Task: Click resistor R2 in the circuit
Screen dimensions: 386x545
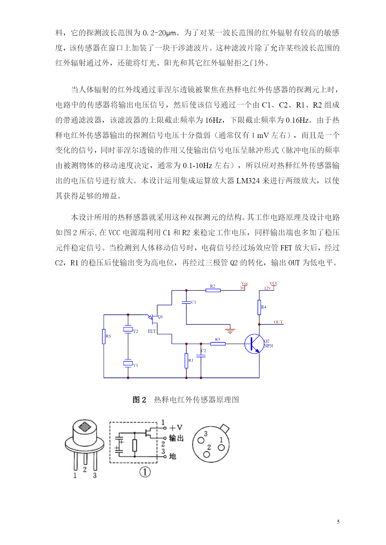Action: pyautogui.click(x=213, y=290)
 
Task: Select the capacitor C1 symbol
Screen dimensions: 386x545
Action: pyautogui.click(x=186, y=302)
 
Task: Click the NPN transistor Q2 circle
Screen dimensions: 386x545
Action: pyautogui.click(x=254, y=344)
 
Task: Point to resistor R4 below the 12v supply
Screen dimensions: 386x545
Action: pyautogui.click(x=259, y=307)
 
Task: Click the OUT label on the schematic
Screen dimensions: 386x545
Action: pyautogui.click(x=278, y=322)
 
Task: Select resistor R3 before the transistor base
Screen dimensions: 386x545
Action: pyautogui.click(x=218, y=344)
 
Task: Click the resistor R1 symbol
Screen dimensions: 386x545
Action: pyautogui.click(x=186, y=361)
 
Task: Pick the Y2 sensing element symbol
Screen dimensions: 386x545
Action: pyautogui.click(x=128, y=329)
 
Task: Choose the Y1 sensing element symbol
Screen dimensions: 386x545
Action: pyautogui.click(x=128, y=363)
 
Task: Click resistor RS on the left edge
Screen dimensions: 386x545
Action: pyautogui.click(x=104, y=337)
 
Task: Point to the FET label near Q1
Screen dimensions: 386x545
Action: pyautogui.click(x=152, y=331)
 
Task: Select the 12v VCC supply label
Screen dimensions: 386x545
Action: pyautogui.click(x=271, y=286)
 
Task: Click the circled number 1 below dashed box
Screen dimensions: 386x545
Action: pyautogui.click(x=145, y=472)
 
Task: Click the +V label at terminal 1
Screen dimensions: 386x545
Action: pyautogui.click(x=176, y=428)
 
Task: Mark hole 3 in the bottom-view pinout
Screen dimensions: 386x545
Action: pyautogui.click(x=201, y=440)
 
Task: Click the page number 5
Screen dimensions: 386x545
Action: pyautogui.click(x=338, y=522)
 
